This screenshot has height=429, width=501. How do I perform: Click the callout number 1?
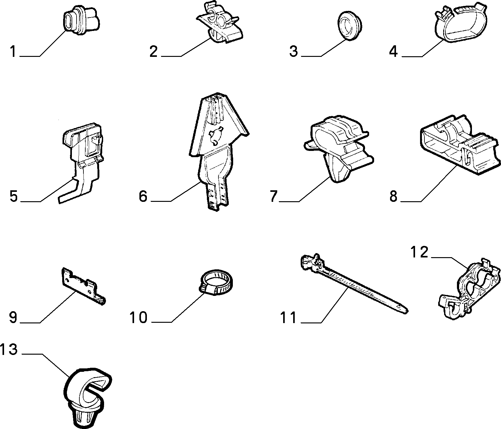13,52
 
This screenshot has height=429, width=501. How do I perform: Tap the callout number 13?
9,349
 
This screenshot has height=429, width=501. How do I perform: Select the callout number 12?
419,252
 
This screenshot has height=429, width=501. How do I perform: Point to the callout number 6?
143,196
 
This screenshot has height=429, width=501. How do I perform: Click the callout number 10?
138,317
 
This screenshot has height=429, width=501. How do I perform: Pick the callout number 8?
393,196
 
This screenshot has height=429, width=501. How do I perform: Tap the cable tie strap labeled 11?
353,282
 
